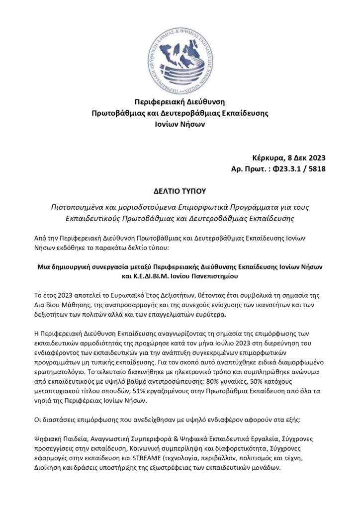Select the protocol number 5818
point(315,170)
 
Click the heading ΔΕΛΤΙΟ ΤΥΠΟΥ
point(180,190)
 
